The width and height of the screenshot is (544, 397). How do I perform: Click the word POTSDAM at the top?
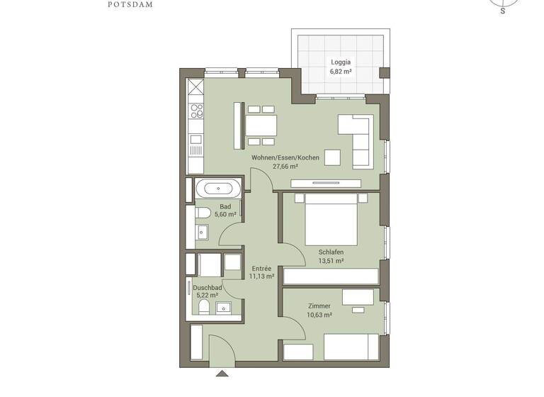pos(130,4)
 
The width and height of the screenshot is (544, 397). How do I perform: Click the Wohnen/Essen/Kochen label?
pos(285,157)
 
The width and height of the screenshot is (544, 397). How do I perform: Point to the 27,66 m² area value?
pos(285,167)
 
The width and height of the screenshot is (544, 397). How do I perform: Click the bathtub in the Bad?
pos(217,189)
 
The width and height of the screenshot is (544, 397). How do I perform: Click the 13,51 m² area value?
pos(331,261)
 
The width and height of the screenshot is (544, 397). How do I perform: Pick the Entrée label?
pos(261,268)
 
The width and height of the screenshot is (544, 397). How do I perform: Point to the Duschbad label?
pos(208,288)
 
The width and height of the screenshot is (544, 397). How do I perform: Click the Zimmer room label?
pos(319,306)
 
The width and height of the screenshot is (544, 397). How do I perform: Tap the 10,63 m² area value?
pos(319,315)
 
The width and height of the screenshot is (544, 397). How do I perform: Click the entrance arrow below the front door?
pos(222,373)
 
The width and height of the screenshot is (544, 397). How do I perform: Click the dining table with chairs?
pos(261,126)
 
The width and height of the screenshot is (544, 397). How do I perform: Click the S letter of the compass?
pos(502,11)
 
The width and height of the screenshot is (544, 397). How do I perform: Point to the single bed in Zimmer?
pos(350,347)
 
